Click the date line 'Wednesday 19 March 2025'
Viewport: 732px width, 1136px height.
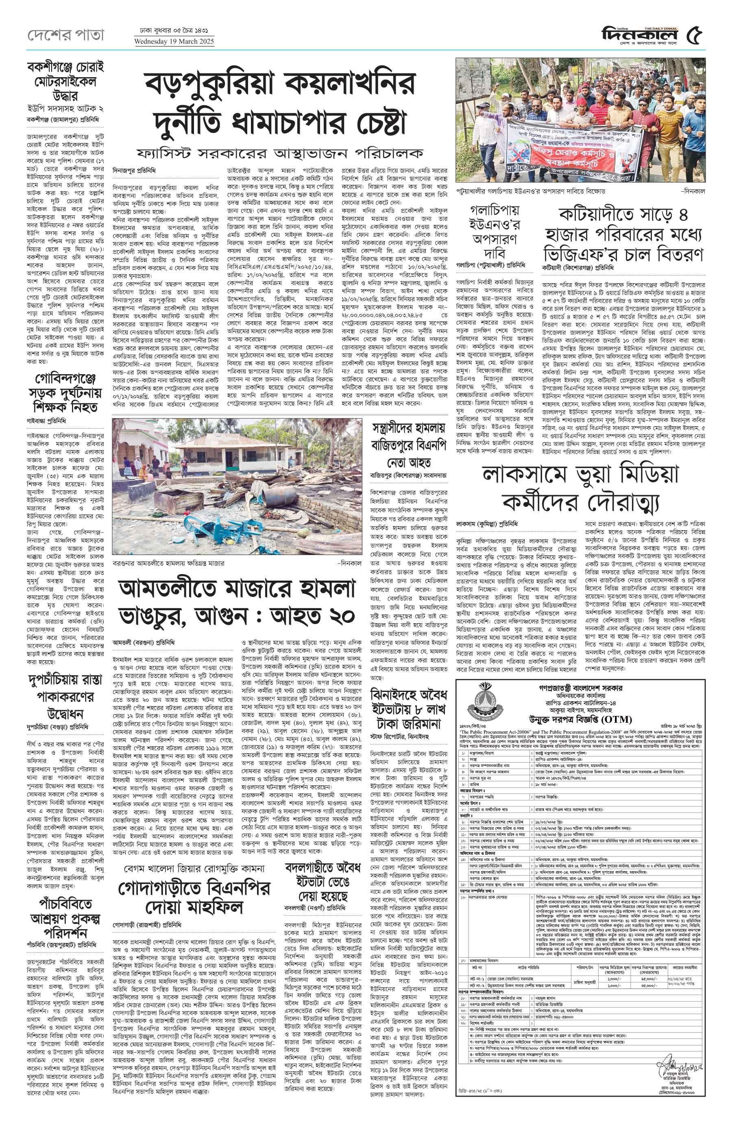(x=174, y=41)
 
